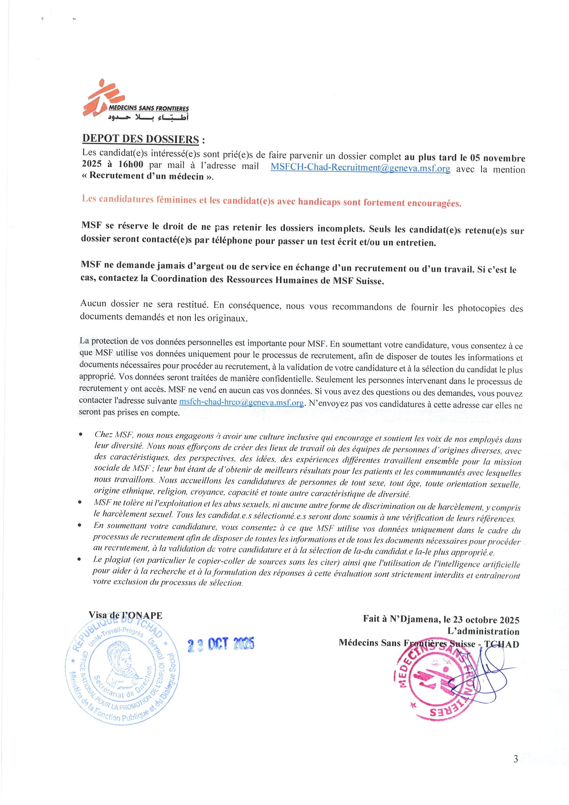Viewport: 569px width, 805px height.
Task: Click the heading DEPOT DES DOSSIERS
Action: click(x=140, y=139)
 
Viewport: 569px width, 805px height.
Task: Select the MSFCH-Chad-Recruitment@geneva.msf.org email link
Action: click(x=360, y=168)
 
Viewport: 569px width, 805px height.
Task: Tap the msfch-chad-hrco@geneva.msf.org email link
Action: click(x=241, y=402)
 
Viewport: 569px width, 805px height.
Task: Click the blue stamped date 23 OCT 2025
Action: click(x=221, y=644)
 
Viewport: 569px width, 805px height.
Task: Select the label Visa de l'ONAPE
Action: click(x=125, y=615)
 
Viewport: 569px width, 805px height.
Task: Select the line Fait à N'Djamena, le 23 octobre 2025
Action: click(x=441, y=619)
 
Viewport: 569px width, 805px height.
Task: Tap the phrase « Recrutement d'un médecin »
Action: click(x=147, y=176)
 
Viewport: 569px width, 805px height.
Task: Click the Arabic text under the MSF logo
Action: click(x=148, y=117)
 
